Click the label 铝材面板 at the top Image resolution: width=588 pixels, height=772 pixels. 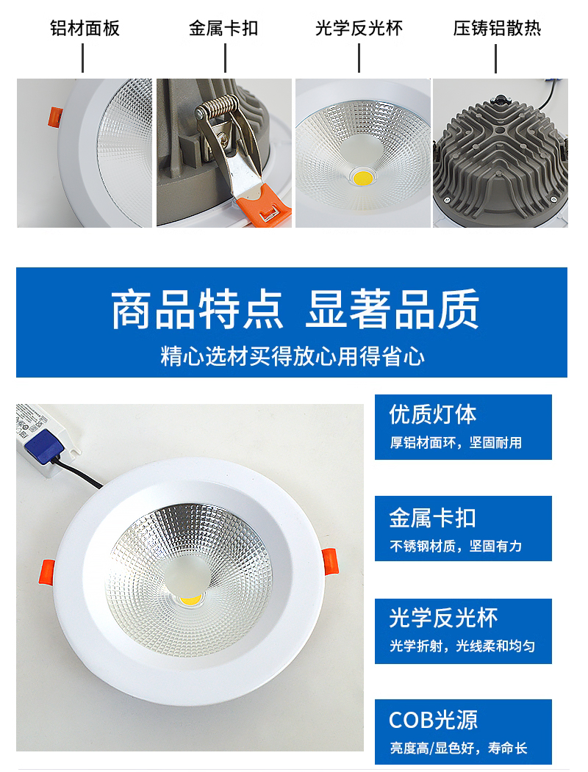click(85, 28)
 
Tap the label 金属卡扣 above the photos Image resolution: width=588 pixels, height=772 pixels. click(223, 28)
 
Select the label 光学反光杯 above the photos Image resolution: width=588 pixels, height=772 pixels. click(359, 28)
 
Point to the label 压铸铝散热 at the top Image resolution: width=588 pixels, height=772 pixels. click(497, 28)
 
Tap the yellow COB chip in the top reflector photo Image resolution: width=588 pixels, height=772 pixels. click(363, 177)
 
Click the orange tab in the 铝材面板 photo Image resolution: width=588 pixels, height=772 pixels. click(54, 118)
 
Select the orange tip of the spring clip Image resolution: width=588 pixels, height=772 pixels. click(263, 203)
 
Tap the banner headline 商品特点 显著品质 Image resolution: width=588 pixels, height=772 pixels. click(295, 310)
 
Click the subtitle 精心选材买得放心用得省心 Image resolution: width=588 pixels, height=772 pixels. click(293, 356)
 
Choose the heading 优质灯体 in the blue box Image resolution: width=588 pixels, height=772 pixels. click(432, 414)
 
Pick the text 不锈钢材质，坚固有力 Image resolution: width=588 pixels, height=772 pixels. click(456, 546)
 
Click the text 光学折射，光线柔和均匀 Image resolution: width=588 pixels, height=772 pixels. click(462, 646)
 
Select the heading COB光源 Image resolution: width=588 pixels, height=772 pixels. click(433, 720)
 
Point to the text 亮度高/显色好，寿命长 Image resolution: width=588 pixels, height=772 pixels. click(459, 748)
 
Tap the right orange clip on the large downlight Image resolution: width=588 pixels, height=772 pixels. click(330, 562)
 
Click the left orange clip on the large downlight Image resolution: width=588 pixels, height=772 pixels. click(47, 573)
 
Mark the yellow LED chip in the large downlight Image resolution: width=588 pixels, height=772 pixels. click(190, 599)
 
